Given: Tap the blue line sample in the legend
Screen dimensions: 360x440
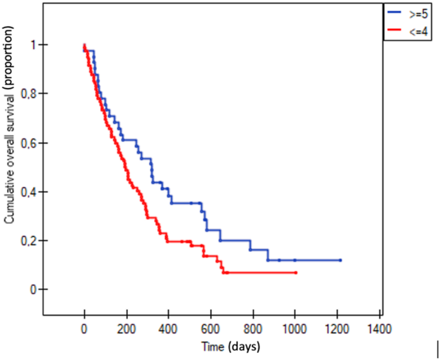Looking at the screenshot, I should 393,12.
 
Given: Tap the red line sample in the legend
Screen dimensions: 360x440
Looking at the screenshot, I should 393,30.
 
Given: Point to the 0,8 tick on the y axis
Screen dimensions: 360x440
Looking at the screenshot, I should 26,94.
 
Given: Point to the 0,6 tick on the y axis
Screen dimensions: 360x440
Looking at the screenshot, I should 26,143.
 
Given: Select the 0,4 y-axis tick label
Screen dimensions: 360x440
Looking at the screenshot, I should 26,192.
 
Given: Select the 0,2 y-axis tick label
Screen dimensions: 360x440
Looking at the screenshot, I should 26,240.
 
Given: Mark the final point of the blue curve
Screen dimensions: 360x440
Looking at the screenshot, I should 340,260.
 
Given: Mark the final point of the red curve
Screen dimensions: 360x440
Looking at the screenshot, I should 295,273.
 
